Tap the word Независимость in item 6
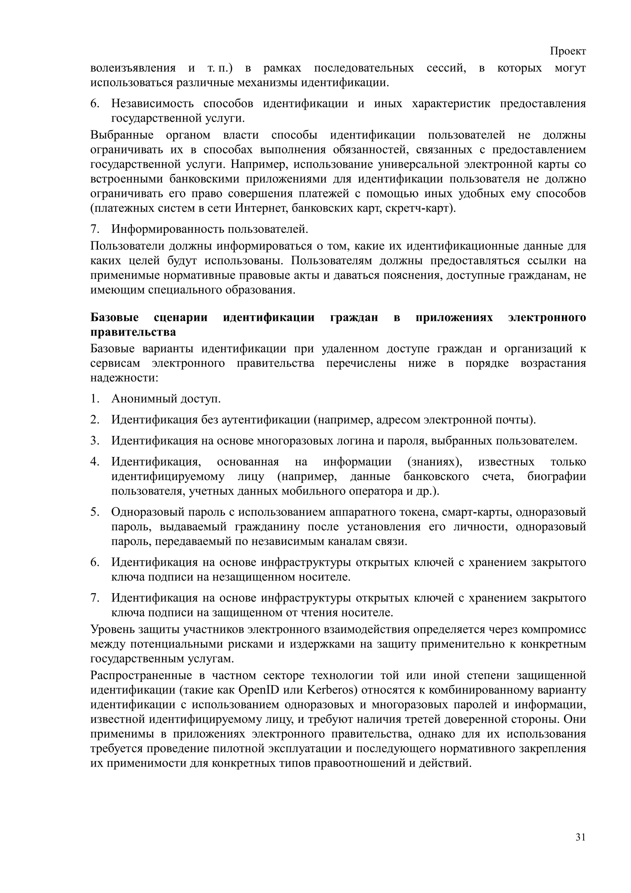pyautogui.click(x=153, y=104)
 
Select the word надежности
pyautogui.click(x=124, y=378)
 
